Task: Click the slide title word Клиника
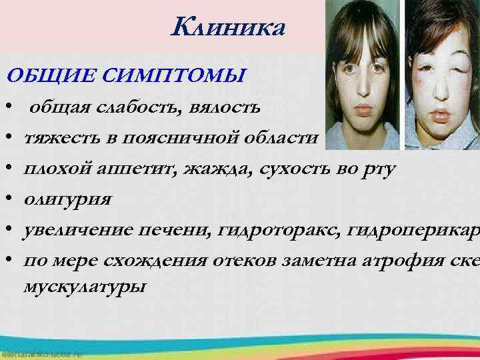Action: [229, 29]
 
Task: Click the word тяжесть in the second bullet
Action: [56, 138]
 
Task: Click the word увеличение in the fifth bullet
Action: [77, 230]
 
